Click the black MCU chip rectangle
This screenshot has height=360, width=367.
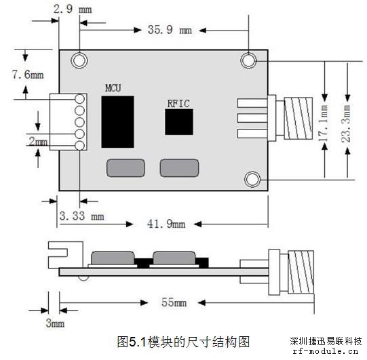[x=117, y=122]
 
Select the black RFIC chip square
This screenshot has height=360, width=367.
[x=179, y=122]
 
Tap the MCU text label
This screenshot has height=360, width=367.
[x=113, y=88]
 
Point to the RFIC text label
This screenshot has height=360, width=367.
[x=178, y=104]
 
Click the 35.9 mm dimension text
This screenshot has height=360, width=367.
[x=170, y=30]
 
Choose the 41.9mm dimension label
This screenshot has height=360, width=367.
[x=166, y=224]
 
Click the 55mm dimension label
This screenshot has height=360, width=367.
[x=174, y=302]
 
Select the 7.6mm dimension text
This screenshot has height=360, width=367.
[x=28, y=75]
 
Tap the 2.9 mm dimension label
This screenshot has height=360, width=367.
[x=73, y=9]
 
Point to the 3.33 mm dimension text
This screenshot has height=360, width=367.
[x=81, y=216]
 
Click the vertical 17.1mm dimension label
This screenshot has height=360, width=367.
[x=324, y=123]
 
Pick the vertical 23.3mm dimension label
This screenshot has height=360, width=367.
[x=346, y=123]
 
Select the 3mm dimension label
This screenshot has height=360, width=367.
[x=55, y=323]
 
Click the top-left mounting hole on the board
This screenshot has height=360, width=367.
[x=79, y=60]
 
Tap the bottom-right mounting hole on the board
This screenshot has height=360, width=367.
[x=252, y=180]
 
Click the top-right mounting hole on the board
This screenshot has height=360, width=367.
[x=248, y=60]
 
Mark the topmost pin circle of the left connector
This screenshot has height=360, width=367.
[x=80, y=99]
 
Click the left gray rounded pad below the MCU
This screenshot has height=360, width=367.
[x=125, y=168]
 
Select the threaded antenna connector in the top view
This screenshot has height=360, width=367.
[x=298, y=119]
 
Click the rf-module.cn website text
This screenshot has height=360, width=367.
[x=326, y=351]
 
